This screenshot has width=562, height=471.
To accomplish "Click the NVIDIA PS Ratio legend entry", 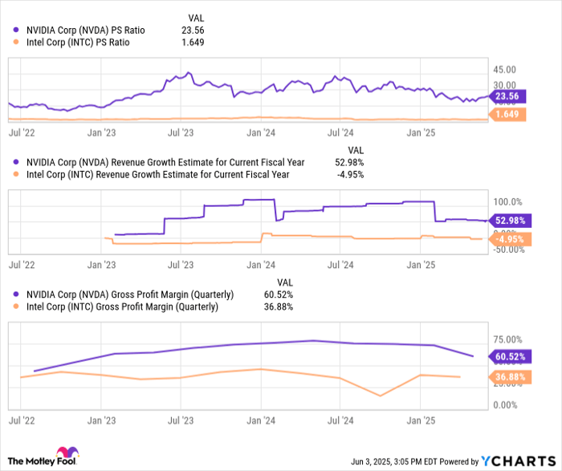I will pos(83,30).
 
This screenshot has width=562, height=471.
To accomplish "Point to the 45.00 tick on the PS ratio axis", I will pos(505,70).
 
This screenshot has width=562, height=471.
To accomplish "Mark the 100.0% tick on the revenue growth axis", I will pos(506,202).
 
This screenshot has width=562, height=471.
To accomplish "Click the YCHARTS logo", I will pos(518,461).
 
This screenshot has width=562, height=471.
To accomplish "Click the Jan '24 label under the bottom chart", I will pos(263,420).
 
